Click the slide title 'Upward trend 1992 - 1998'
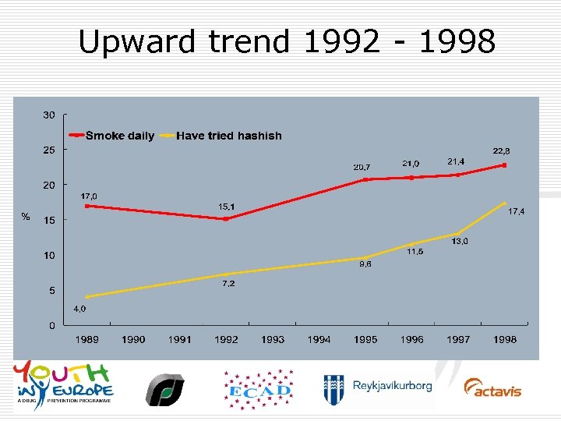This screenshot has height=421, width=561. [x=286, y=42]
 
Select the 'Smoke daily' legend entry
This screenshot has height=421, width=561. [x=119, y=136]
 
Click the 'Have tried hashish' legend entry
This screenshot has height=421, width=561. [x=228, y=136]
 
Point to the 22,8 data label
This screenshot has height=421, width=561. [x=502, y=150]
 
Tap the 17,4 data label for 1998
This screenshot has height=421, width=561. [x=516, y=212]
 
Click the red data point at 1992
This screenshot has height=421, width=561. [x=226, y=219]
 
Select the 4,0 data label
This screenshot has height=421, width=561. [x=79, y=309]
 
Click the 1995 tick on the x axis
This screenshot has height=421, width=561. [x=365, y=339]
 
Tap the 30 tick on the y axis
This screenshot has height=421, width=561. [x=48, y=115]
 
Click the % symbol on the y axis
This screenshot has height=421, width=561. [x=25, y=218]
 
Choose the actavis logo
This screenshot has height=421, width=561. [x=492, y=387]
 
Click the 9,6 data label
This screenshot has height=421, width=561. [x=365, y=265]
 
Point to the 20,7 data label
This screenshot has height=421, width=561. [x=362, y=167]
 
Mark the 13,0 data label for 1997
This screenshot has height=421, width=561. [x=459, y=242]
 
